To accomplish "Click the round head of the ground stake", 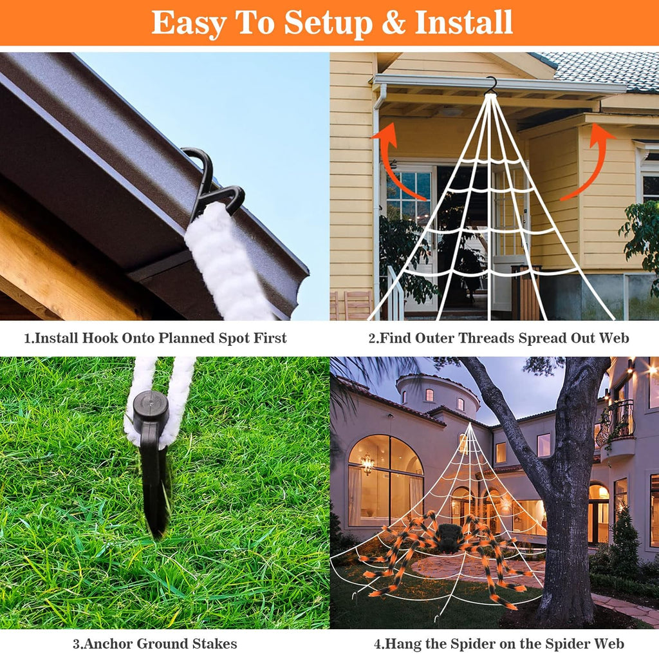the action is (151, 406).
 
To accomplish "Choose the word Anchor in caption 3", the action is (108, 644).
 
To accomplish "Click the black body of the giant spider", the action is (449, 536).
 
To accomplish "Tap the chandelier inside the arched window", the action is (367, 463).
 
